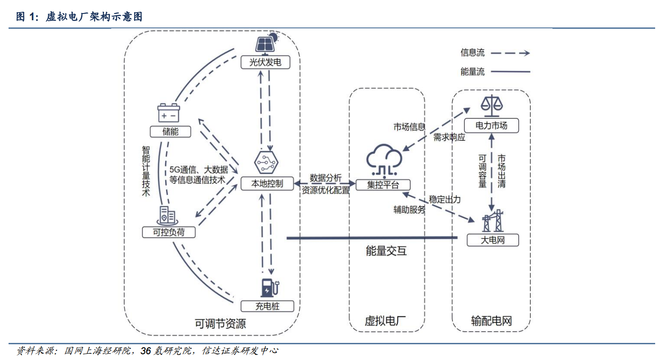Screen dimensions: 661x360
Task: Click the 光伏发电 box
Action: (x=265, y=62)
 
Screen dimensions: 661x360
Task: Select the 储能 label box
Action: (x=170, y=131)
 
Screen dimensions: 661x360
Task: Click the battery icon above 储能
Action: (x=168, y=112)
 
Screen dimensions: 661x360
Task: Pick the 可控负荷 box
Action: (x=169, y=232)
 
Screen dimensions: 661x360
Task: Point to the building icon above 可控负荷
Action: (x=167, y=216)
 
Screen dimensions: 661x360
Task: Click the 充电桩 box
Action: (x=267, y=306)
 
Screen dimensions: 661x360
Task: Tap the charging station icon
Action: (x=270, y=288)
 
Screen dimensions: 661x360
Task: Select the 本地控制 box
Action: (x=267, y=184)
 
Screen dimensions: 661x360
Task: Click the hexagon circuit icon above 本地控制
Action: (x=266, y=162)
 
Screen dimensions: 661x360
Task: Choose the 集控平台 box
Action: (x=383, y=185)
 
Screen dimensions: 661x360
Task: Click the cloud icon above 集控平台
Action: (x=384, y=159)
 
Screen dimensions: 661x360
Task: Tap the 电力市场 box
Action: (x=491, y=126)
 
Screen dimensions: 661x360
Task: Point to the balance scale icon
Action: (x=491, y=106)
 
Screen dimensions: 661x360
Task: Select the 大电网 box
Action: (x=493, y=240)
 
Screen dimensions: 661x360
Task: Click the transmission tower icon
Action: (x=493, y=221)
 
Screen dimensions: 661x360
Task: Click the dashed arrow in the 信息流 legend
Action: (x=510, y=53)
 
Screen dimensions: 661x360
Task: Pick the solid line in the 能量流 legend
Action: (x=511, y=72)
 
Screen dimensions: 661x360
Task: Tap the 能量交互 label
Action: (x=386, y=251)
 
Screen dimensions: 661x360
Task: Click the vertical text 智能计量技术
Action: (x=146, y=171)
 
